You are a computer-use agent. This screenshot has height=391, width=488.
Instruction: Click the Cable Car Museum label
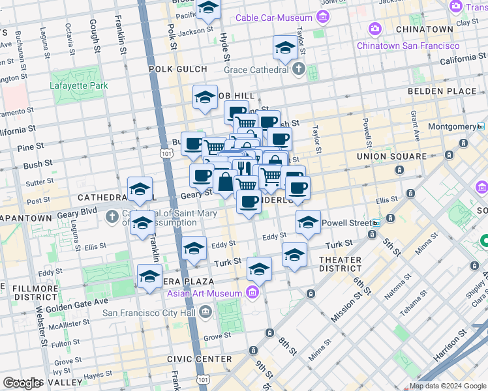[x=272, y=18]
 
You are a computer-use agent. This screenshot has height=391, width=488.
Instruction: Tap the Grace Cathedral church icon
[x=299, y=69]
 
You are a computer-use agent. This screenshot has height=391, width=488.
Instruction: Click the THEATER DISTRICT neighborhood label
[x=340, y=264]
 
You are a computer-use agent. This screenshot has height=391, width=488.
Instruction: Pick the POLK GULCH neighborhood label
[x=177, y=68]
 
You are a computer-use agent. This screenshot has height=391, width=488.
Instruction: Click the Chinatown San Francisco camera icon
[x=374, y=29]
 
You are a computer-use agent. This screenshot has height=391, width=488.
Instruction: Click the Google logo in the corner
[x=23, y=383]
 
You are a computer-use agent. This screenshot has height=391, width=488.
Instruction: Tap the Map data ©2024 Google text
[x=448, y=386]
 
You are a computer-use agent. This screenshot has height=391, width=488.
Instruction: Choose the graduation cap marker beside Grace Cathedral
[x=285, y=48]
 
